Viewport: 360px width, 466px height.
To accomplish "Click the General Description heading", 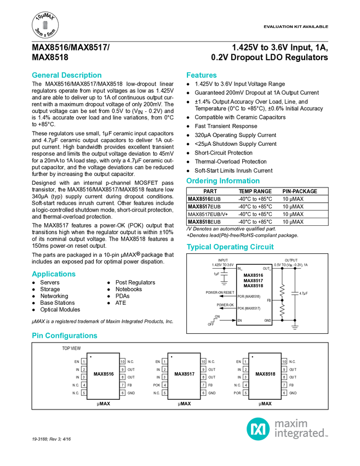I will pos(67,75).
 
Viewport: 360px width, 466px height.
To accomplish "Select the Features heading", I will pos(202,75).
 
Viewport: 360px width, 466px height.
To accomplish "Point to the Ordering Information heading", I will pos(223,181).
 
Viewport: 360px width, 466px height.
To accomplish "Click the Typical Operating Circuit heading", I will pos(230,247).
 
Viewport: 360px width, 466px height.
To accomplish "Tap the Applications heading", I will pos(54,274).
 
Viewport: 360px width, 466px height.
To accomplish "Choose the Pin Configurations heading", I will pos(65,336).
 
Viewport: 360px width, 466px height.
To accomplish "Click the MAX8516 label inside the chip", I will pos(104,374).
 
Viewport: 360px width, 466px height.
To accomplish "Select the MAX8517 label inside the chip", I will pos(185,374).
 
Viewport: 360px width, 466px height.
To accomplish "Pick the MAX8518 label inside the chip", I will pos(265,374).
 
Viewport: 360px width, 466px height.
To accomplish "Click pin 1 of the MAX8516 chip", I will pos(84,361).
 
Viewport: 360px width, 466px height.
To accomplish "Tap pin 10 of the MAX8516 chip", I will pos(123,361).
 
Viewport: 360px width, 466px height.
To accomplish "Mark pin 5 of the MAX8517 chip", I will pos(164,393).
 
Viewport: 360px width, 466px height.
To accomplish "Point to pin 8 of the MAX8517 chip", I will pos(203,377).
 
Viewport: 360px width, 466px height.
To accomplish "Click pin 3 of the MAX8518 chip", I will pos(245,377).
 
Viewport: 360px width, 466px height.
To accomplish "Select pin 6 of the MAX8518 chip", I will pos(284,393).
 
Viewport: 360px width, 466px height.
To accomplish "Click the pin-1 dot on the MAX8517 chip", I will pos(172,356).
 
